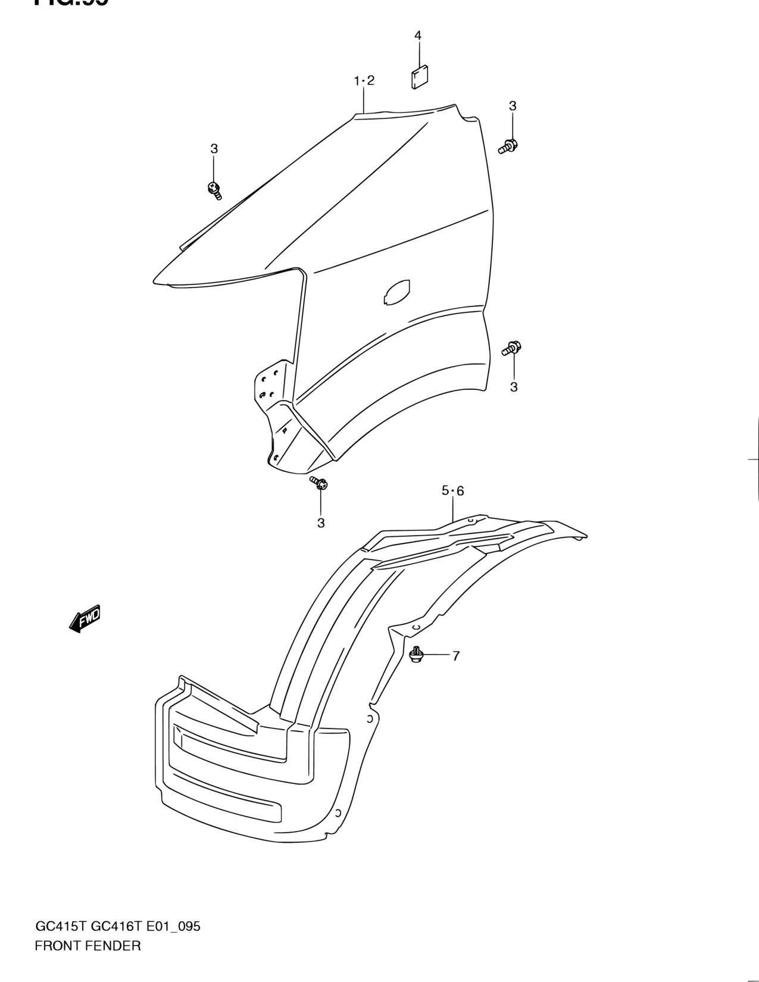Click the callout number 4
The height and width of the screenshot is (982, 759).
[x=418, y=36]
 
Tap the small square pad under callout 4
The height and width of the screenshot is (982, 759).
[x=419, y=76]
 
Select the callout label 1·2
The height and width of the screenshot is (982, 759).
[x=364, y=81]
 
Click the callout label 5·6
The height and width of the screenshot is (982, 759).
[x=452, y=491]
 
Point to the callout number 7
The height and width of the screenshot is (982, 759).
[x=456, y=656]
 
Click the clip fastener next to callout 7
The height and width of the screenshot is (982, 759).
[x=416, y=655]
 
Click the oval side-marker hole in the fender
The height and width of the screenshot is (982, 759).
[x=396, y=292]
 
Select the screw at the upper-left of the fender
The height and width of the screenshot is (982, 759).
[x=214, y=190]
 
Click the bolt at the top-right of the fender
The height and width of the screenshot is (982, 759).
[x=508, y=145]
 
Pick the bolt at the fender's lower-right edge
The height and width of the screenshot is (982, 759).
[x=511, y=348]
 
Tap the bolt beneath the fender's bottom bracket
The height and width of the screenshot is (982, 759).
[x=319, y=483]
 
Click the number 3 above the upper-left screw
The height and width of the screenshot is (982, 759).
[x=214, y=149]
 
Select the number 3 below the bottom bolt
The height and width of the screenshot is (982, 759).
[x=321, y=523]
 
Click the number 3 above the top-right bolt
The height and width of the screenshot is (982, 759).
[x=513, y=106]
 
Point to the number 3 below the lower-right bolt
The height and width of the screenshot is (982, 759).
[x=514, y=387]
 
